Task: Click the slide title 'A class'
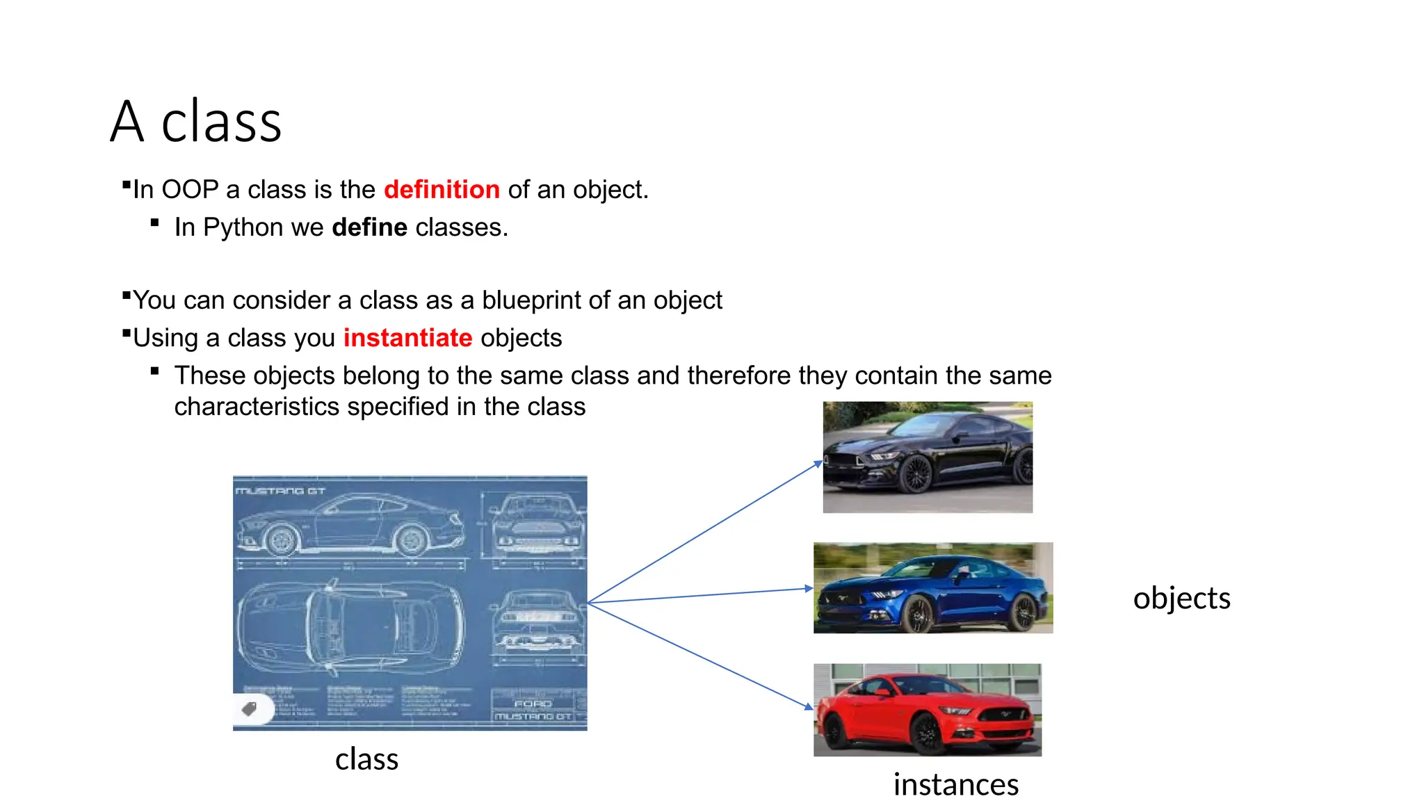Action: click(x=196, y=122)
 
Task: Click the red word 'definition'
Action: click(x=442, y=189)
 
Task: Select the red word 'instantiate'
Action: click(x=407, y=337)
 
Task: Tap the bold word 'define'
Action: click(x=369, y=227)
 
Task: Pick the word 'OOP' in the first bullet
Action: click(x=190, y=189)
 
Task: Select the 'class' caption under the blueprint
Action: click(x=366, y=759)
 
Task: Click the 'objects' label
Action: click(x=1181, y=598)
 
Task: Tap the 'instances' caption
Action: click(x=955, y=784)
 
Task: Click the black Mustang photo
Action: click(x=928, y=457)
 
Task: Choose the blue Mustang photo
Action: click(x=933, y=588)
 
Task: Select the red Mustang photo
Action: click(x=928, y=710)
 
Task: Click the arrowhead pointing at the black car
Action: click(x=818, y=464)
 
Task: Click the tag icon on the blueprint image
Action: click(x=249, y=709)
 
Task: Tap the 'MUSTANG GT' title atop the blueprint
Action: click(x=280, y=491)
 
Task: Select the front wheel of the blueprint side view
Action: click(x=282, y=539)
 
